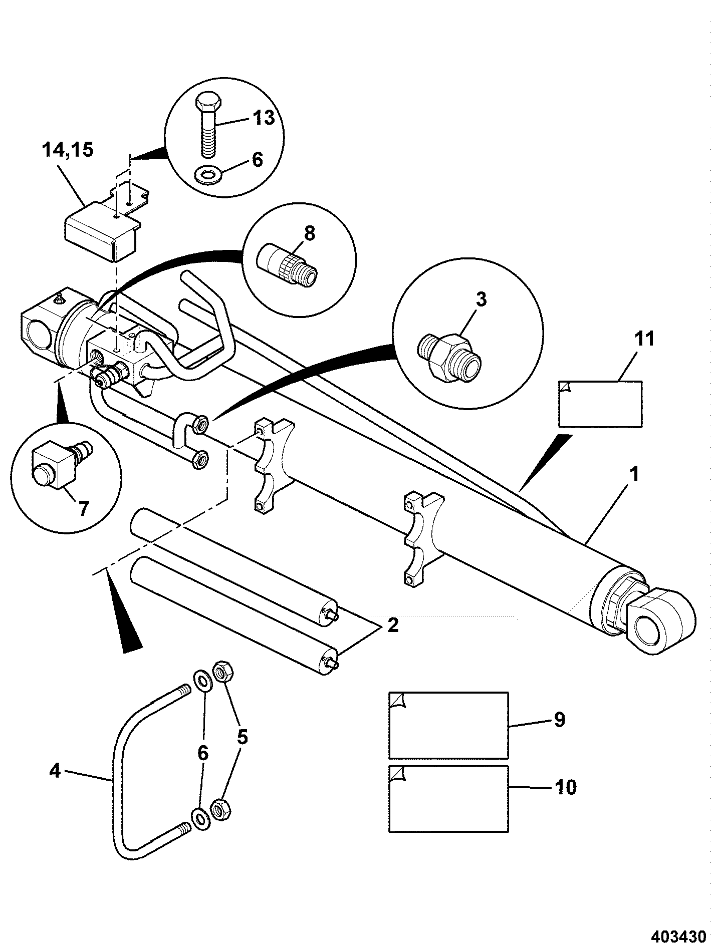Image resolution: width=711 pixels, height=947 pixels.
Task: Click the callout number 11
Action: coord(644,339)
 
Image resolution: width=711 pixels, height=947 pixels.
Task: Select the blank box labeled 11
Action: coord(600,404)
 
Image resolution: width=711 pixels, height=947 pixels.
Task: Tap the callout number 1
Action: coord(634,474)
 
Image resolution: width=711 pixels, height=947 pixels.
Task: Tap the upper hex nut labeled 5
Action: coord(222,671)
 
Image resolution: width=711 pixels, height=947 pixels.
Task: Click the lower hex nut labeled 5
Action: coord(219,809)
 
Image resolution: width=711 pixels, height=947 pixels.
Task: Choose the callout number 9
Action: coord(560,720)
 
